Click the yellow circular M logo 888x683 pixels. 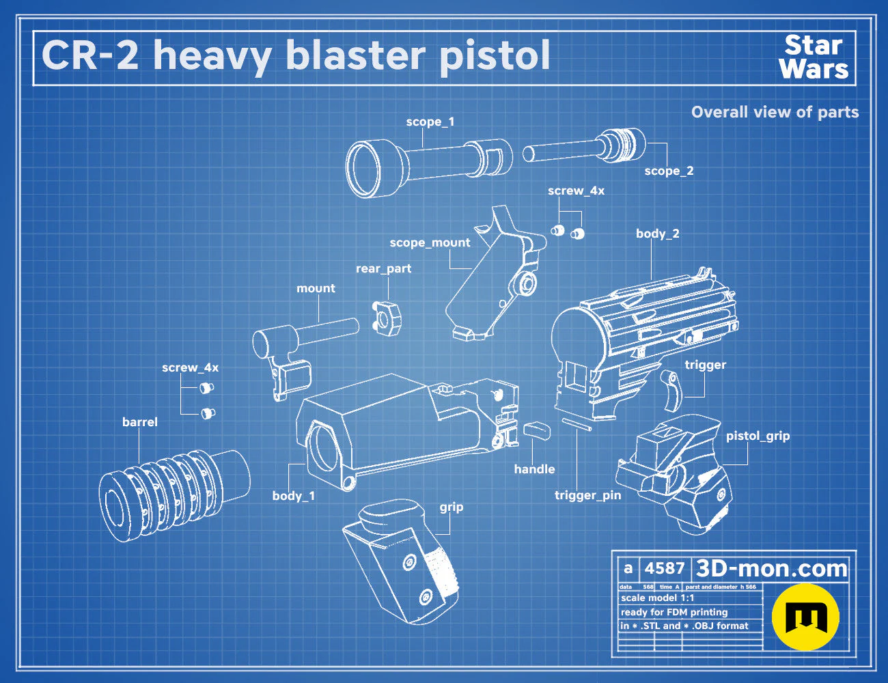[x=805, y=617]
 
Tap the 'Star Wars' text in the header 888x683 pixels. [x=814, y=57]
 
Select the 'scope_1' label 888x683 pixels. [x=430, y=122]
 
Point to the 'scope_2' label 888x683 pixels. [x=669, y=171]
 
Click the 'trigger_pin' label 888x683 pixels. [x=587, y=495]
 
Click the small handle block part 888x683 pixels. [x=537, y=431]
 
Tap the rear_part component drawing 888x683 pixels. [x=386, y=319]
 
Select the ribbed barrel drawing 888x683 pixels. [x=174, y=495]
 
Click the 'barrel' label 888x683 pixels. [x=140, y=422]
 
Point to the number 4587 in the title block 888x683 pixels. [x=664, y=568]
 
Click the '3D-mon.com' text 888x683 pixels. [x=771, y=568]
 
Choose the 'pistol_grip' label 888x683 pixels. [x=758, y=436]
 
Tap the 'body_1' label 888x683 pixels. [x=294, y=496]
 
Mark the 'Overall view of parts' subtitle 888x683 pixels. [x=775, y=112]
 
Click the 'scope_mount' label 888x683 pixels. [x=430, y=243]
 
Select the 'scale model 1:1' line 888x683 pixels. [x=657, y=598]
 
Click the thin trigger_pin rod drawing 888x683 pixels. [x=577, y=424]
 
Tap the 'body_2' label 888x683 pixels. [x=658, y=234]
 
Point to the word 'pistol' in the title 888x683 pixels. [x=495, y=57]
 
